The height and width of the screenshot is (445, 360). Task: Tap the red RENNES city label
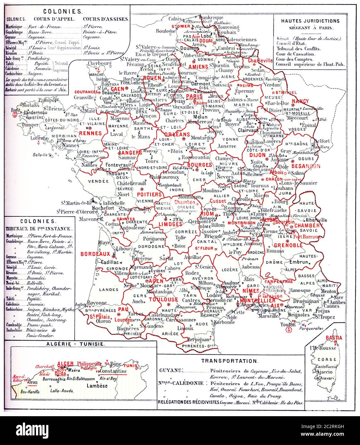[90, 133]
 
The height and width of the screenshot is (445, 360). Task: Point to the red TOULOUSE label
[163, 300]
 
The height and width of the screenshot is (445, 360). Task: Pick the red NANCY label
[300, 101]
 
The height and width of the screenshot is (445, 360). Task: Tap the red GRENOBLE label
[288, 245]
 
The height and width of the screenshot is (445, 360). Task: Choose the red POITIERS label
[149, 194]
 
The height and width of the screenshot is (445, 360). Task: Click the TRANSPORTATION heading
[230, 361]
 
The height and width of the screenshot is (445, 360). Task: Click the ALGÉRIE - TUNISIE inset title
[83, 344]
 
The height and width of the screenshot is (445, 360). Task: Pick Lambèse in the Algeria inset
[97, 386]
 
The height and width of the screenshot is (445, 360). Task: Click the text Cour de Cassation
[296, 54]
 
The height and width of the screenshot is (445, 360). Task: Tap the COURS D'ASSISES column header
[105, 19]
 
